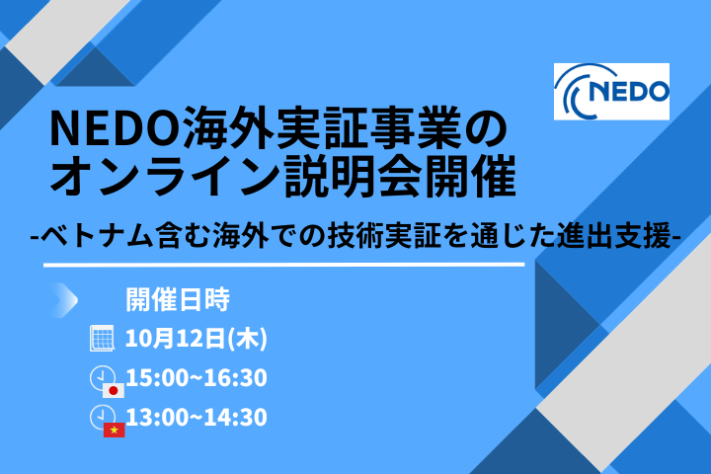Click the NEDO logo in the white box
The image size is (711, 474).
[x=611, y=92]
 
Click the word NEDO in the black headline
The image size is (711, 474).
[x=116, y=128]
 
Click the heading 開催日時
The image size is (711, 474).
[x=178, y=300]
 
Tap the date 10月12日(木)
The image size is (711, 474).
[x=197, y=339]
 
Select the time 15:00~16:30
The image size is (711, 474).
[x=197, y=378]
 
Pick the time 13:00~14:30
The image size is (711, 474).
[x=197, y=418]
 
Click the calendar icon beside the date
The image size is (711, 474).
[x=102, y=338]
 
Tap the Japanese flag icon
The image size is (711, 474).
[x=114, y=390]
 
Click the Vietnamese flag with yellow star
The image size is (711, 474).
[x=114, y=430]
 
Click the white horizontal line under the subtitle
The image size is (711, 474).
[x=283, y=265]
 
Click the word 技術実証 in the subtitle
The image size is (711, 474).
[x=384, y=235]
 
